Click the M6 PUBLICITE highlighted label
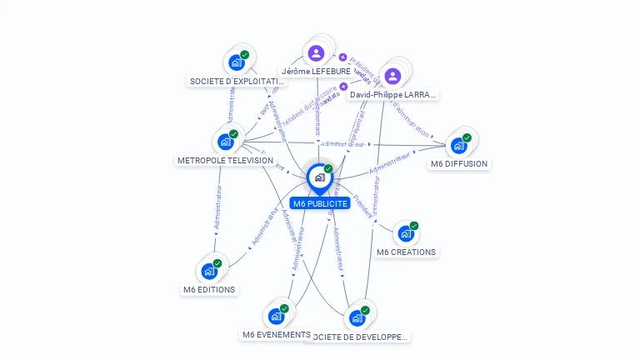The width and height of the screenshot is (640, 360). [x=320, y=203]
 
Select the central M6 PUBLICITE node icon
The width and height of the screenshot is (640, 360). [x=319, y=177]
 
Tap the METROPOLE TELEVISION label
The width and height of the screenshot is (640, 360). [x=225, y=160]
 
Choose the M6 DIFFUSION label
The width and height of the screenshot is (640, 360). [x=459, y=163]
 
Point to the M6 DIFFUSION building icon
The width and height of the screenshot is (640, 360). [x=458, y=145]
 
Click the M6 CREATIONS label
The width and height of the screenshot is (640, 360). [x=406, y=252]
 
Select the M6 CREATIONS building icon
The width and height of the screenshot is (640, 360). [x=405, y=233]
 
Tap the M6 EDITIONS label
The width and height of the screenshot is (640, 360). [x=209, y=290]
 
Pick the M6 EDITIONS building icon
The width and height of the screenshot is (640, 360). [x=209, y=271]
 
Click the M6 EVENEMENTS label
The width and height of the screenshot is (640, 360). [x=277, y=335]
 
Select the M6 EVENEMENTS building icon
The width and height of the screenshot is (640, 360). [x=276, y=316]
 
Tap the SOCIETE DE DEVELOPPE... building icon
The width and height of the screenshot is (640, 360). [x=357, y=317]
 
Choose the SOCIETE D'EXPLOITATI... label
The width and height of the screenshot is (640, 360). [x=237, y=82]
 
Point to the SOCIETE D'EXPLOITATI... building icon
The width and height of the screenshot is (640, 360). [x=237, y=62]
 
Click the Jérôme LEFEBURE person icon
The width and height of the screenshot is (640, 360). [x=316, y=53]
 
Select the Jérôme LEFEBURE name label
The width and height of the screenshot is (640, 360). [x=316, y=72]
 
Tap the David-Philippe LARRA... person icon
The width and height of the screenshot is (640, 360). [x=392, y=77]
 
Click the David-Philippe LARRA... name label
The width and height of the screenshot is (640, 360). [x=392, y=95]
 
